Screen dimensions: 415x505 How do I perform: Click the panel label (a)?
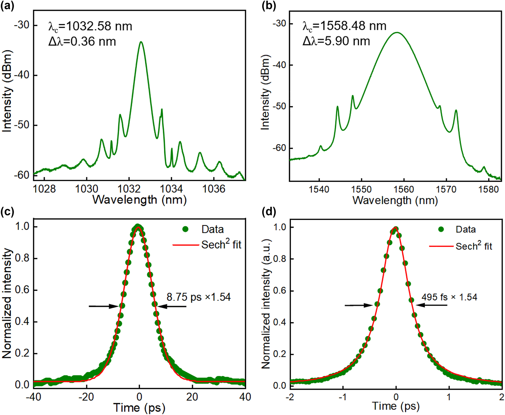click(x=7, y=6)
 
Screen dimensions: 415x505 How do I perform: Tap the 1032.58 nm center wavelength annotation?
click(x=90, y=26)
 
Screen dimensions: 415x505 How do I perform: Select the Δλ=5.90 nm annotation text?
click(x=336, y=41)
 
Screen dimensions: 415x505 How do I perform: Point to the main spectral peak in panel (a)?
click(x=141, y=42)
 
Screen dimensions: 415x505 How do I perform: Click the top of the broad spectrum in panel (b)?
click(x=397, y=33)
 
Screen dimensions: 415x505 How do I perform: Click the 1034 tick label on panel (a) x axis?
click(x=171, y=189)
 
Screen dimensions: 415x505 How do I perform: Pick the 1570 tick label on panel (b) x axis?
click(x=446, y=189)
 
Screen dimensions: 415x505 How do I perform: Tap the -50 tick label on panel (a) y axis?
click(x=22, y=125)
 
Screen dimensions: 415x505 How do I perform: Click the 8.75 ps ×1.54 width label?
click(x=199, y=297)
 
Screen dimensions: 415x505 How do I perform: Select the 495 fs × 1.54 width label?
click(x=449, y=297)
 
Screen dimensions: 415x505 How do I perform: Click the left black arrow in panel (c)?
click(x=103, y=306)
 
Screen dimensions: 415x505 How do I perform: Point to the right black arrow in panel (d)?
click(x=431, y=305)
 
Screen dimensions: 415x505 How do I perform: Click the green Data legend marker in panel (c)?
click(x=185, y=229)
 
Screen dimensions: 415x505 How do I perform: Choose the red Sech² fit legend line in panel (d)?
click(x=441, y=246)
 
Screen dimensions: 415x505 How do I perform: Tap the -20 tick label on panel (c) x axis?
click(x=86, y=397)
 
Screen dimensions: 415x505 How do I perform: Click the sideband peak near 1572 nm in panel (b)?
click(x=456, y=110)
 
